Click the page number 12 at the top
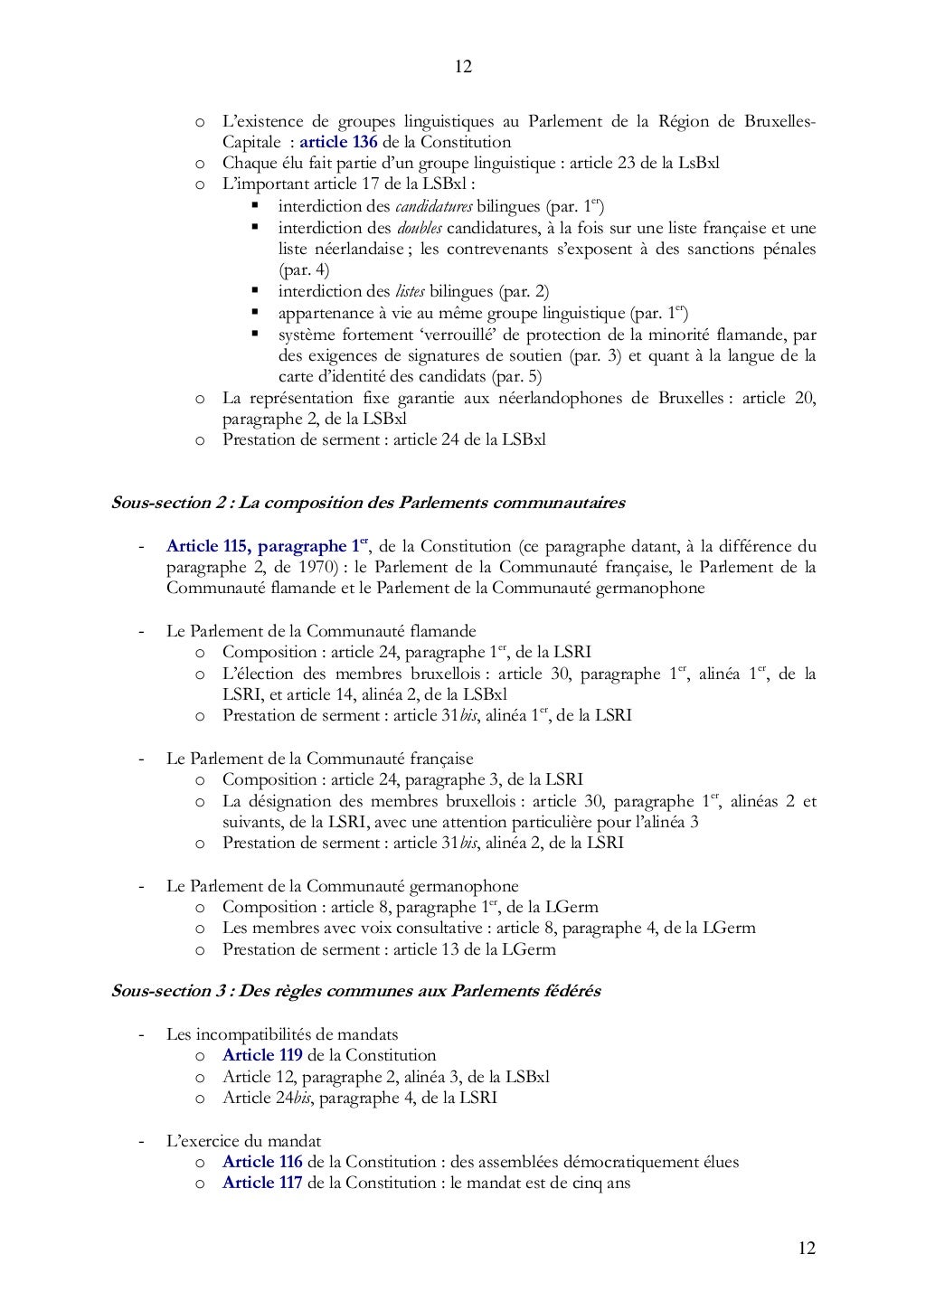(x=463, y=67)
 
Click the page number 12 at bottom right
(x=807, y=1249)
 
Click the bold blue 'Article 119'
(x=262, y=1055)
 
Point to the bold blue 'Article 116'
(x=262, y=1162)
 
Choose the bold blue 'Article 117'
(x=262, y=1183)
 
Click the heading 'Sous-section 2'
(x=167, y=502)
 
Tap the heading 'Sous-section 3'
(x=167, y=991)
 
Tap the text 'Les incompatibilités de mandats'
(x=282, y=1034)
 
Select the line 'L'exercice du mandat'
(x=243, y=1141)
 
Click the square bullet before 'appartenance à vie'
(x=256, y=313)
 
